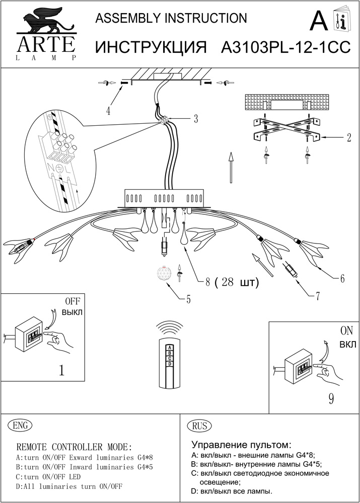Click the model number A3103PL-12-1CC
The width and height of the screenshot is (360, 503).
[x=286, y=47]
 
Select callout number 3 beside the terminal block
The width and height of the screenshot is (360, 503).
[x=195, y=119]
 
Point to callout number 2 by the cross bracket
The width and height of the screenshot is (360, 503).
[x=348, y=138]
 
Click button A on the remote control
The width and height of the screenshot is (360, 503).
[x=170, y=348]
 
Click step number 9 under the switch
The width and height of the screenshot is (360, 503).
[x=331, y=399]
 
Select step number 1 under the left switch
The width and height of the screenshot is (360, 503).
[x=61, y=371]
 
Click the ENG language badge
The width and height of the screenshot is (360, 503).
[x=20, y=425]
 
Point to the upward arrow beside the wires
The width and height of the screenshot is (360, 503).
[x=231, y=169]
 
